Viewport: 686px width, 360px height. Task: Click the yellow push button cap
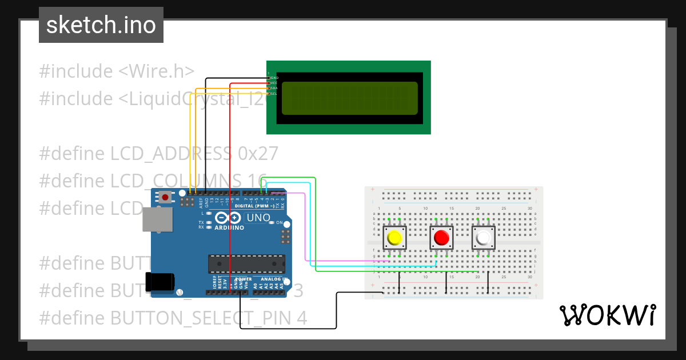point(394,237)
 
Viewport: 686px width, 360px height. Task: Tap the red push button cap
point(441,237)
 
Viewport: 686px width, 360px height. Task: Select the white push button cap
point(483,237)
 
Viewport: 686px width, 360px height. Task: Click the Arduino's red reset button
point(165,197)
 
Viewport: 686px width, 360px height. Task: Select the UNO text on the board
point(258,218)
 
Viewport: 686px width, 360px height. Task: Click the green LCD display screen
point(349,97)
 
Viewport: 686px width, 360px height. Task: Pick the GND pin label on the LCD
point(274,77)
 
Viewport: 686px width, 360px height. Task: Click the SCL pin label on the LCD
point(274,94)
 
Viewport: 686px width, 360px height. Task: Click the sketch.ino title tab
point(101,25)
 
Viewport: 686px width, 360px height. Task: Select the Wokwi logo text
point(607,315)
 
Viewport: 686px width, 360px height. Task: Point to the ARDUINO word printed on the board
point(229,227)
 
